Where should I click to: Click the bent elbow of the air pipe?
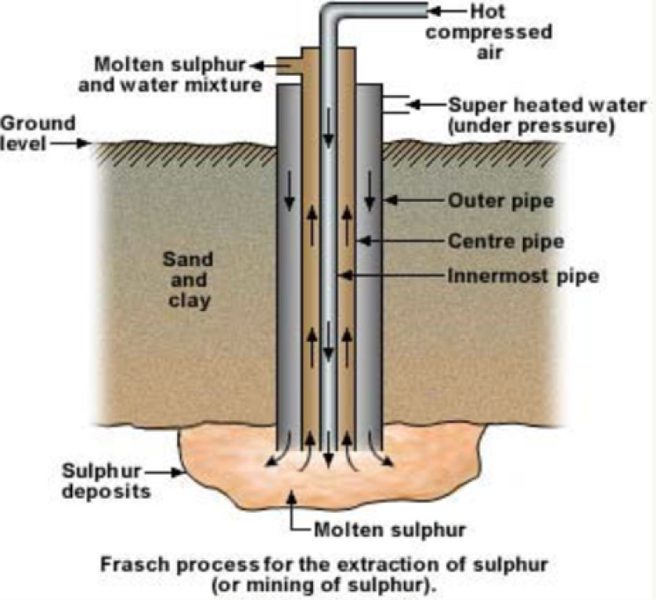click(x=332, y=16)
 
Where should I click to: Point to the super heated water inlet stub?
click(x=394, y=104)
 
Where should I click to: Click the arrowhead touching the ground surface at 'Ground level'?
click(x=87, y=144)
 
